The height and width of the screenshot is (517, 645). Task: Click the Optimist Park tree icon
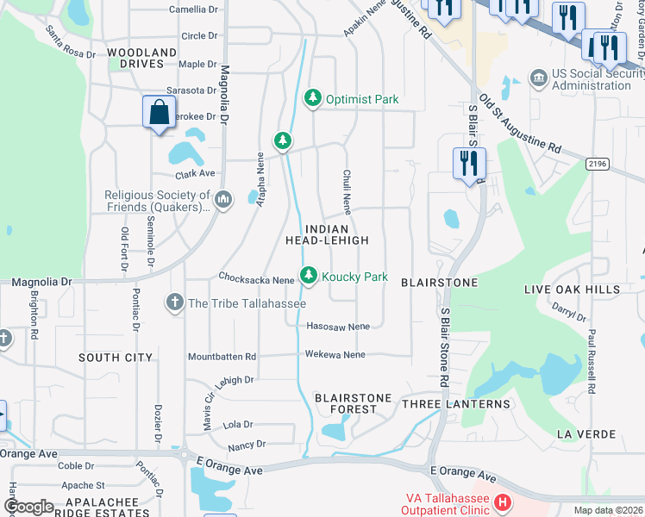(314, 99)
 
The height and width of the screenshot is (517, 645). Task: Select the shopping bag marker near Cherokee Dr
(160, 113)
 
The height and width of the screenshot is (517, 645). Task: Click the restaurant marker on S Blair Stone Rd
(469, 163)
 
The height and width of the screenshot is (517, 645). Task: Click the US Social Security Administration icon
(538, 78)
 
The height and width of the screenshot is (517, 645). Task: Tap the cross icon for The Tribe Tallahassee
(175, 302)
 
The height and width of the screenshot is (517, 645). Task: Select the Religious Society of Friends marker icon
(223, 201)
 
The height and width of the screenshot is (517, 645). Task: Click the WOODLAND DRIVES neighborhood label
(142, 58)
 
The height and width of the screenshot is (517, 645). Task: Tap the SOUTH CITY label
(116, 358)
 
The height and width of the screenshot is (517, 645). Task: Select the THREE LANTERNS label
(456, 404)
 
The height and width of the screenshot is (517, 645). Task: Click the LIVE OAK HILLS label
(572, 290)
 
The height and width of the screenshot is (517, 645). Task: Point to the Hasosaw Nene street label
(338, 327)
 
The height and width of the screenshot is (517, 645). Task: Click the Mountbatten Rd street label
(222, 356)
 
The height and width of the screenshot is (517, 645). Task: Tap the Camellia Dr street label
(194, 9)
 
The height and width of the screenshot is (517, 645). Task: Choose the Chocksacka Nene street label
(257, 279)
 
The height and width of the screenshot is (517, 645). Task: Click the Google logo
(28, 507)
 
